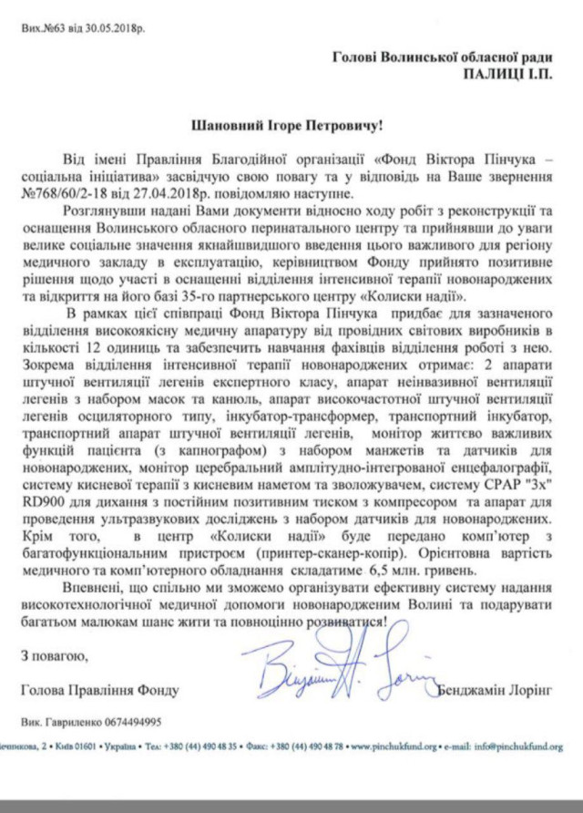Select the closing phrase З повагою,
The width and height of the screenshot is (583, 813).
tap(53, 654)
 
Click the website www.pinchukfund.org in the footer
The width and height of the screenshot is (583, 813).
tap(404, 746)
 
